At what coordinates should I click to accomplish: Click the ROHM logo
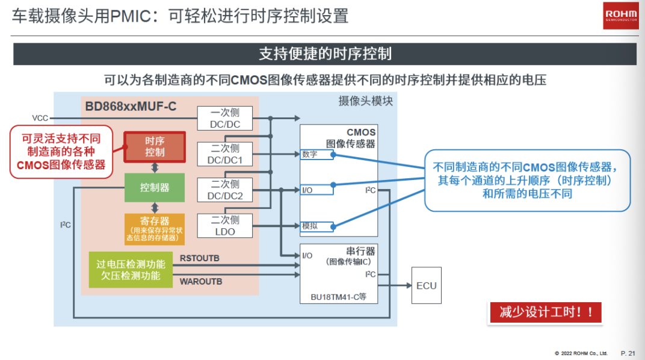(620, 16)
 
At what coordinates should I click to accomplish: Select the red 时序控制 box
(155, 146)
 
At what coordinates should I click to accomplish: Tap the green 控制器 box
(155, 187)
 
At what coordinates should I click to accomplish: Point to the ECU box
(427, 286)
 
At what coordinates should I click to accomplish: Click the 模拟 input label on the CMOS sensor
(310, 226)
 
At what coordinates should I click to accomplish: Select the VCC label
(40, 118)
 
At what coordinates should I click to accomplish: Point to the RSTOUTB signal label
(200, 258)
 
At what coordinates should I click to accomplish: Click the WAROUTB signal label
(201, 281)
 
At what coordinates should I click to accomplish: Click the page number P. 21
(628, 352)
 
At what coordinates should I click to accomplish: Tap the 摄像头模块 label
(365, 101)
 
